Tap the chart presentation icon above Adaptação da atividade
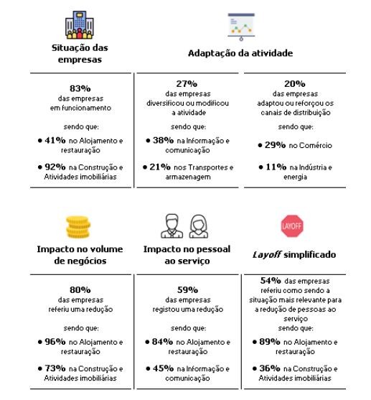pos(240,27)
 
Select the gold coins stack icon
pos(80,226)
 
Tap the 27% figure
pos(186,83)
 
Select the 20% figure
pos(294,83)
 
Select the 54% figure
pos(271,280)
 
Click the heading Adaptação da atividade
pos(240,53)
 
